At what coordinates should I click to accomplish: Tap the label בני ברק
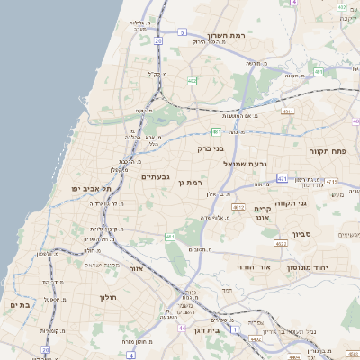click(211, 148)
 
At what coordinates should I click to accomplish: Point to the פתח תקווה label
click(327, 152)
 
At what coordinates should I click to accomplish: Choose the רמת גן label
click(193, 184)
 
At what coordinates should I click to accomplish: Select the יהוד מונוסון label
click(310, 266)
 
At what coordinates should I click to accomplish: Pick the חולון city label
click(108, 295)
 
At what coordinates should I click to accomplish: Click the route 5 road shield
click(182, 31)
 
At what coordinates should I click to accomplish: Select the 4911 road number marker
click(288, 112)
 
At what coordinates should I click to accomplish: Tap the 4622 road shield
click(281, 243)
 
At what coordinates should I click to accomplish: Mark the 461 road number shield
click(170, 237)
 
